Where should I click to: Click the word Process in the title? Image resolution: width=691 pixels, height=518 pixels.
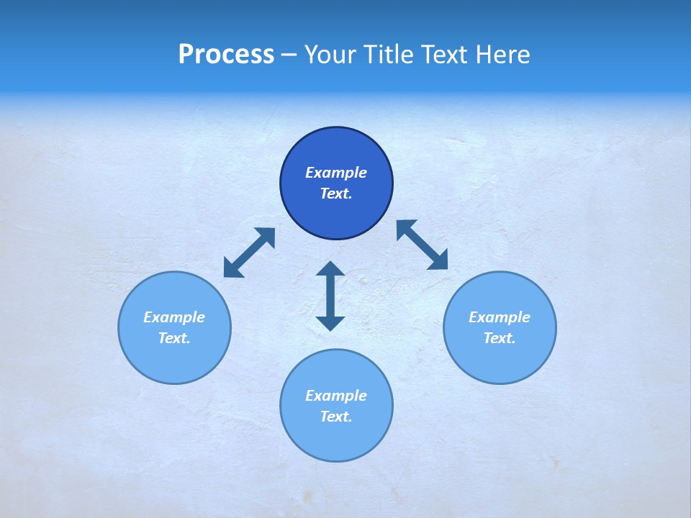click(226, 55)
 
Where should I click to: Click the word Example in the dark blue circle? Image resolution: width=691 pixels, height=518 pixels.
click(336, 173)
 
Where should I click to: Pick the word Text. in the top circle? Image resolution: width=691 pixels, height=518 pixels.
click(336, 194)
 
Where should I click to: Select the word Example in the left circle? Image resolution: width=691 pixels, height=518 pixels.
click(174, 317)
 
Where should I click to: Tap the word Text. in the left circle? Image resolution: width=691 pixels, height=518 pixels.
click(174, 338)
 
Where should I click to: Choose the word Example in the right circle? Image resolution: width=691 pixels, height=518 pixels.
click(500, 317)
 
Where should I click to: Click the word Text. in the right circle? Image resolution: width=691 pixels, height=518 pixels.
click(500, 338)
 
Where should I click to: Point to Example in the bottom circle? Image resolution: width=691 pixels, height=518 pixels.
click(336, 396)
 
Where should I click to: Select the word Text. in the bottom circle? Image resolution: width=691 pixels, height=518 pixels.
click(336, 417)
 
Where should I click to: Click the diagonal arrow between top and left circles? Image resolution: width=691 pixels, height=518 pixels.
click(249, 253)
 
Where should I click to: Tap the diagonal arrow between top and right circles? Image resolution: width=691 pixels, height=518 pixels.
click(423, 245)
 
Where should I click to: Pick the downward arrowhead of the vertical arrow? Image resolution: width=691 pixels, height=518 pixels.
click(330, 323)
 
